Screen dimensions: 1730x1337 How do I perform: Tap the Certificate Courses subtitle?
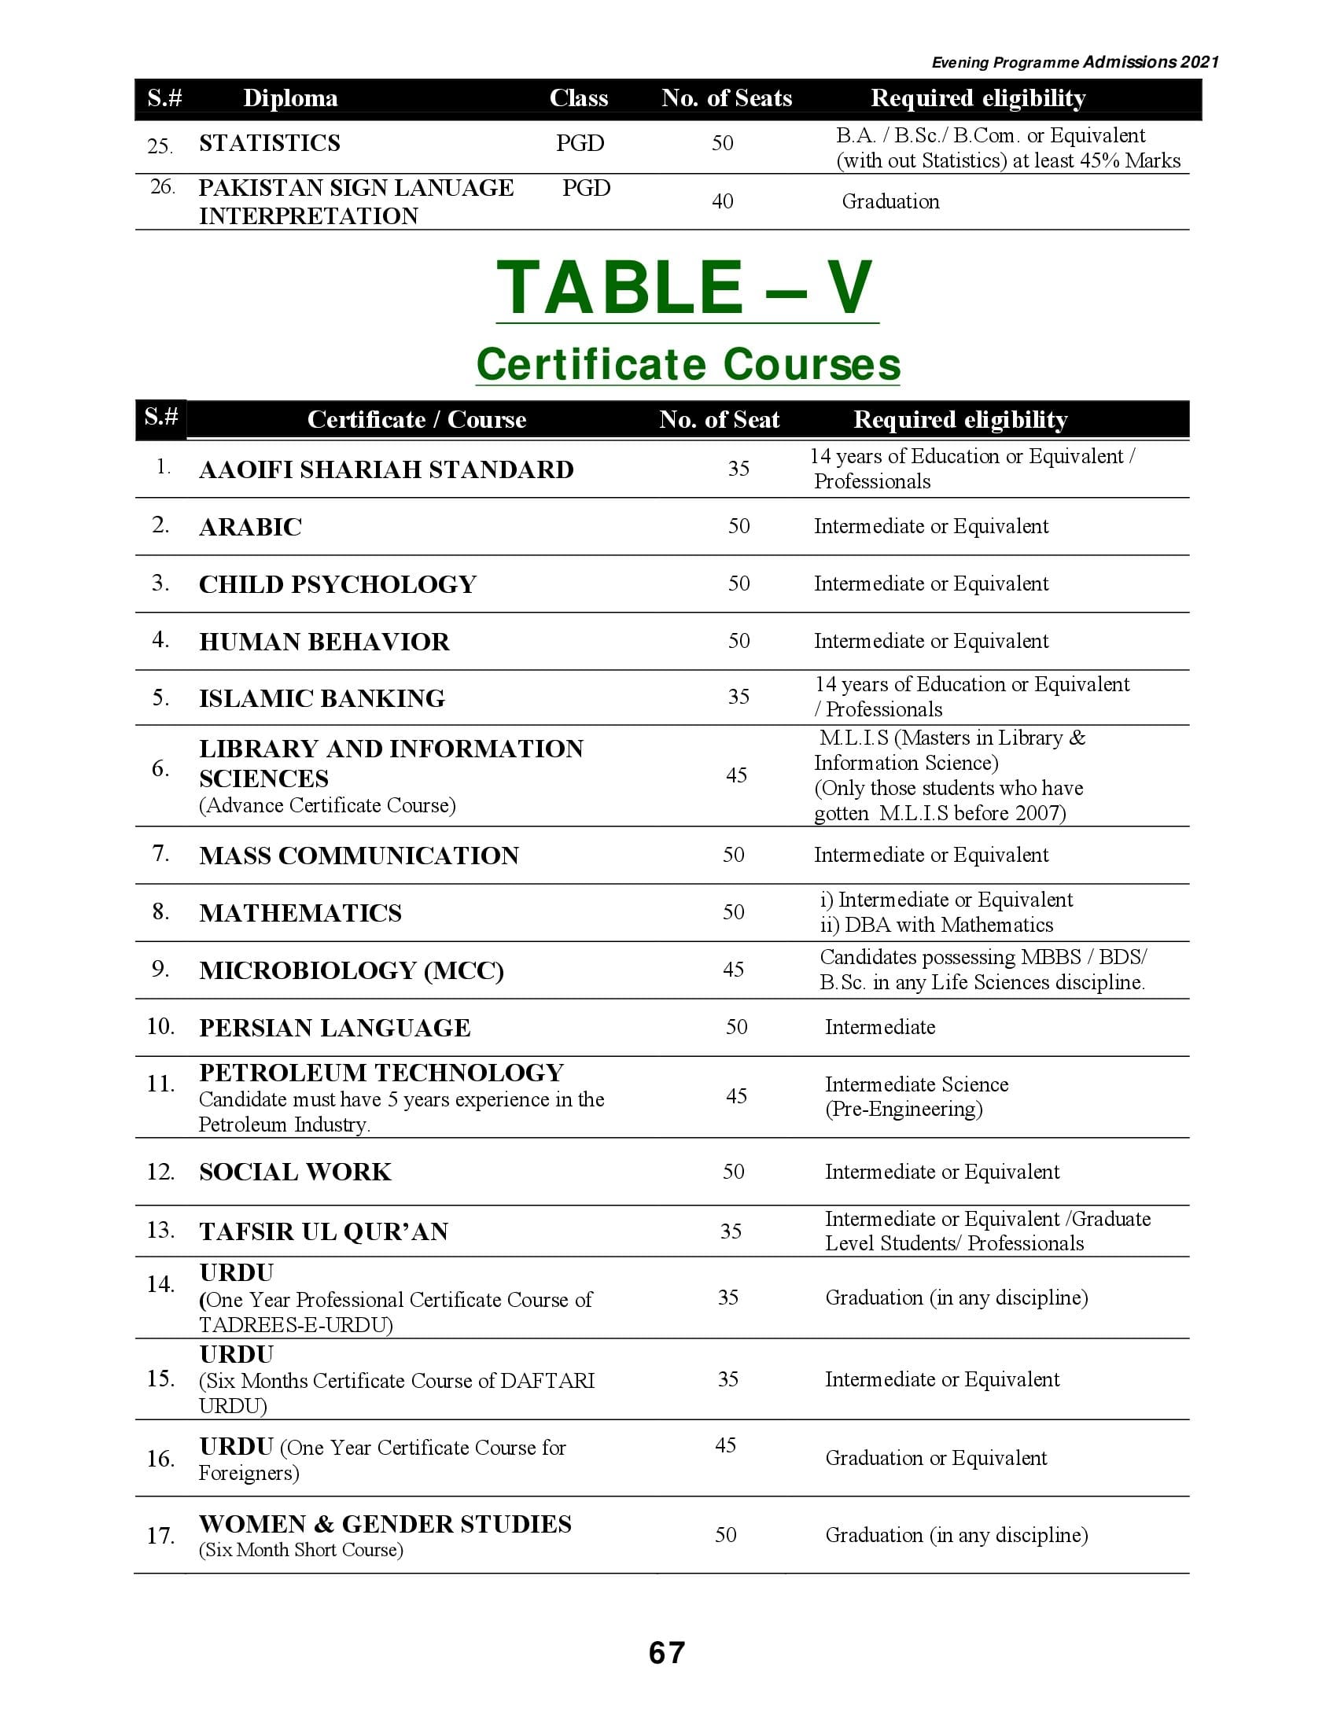[687, 364]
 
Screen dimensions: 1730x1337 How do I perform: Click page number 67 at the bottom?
[666, 1653]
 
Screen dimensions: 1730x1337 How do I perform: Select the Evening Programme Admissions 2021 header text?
[1074, 63]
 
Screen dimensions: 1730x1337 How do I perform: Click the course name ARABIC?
[250, 528]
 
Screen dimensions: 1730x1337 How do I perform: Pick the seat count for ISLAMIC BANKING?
[738, 697]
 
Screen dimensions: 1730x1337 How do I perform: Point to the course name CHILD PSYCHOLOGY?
[337, 584]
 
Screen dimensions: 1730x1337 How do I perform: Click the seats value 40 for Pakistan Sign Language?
[721, 201]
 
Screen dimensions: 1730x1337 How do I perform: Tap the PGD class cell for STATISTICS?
[580, 143]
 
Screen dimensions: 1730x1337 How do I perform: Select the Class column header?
[578, 98]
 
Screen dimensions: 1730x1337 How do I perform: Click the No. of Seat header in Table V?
[719, 420]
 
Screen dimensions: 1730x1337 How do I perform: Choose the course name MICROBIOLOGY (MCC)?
[351, 970]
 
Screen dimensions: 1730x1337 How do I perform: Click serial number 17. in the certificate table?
[160, 1536]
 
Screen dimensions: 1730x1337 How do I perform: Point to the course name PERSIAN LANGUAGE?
[334, 1029]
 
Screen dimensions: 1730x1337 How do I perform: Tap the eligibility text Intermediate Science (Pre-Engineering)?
[915, 1096]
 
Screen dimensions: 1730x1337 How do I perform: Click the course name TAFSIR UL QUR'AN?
[323, 1231]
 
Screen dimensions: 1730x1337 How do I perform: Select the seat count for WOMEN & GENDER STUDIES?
[726, 1535]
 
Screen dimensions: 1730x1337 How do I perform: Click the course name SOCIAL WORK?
[295, 1172]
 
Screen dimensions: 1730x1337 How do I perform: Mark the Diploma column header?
[290, 98]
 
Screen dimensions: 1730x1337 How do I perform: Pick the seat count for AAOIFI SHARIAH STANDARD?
[738, 469]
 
